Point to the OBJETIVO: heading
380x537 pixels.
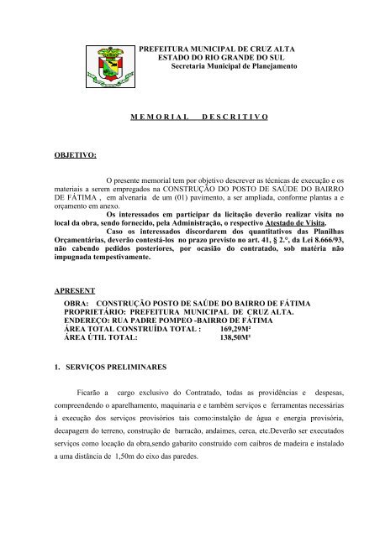[x=74, y=155]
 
